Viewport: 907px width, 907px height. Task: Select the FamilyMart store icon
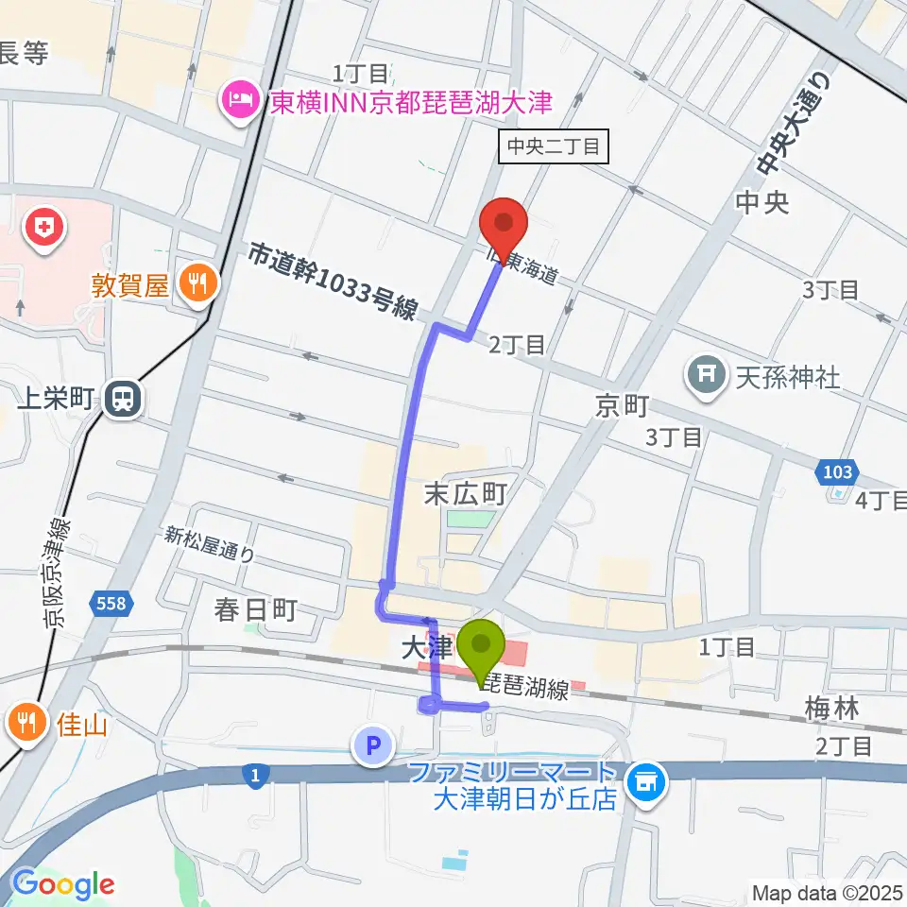[647, 780]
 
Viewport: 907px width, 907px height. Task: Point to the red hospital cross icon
[43, 227]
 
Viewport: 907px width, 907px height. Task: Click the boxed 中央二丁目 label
[554, 146]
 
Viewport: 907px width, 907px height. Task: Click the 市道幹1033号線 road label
[334, 282]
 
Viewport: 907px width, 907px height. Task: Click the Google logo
[62, 884]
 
